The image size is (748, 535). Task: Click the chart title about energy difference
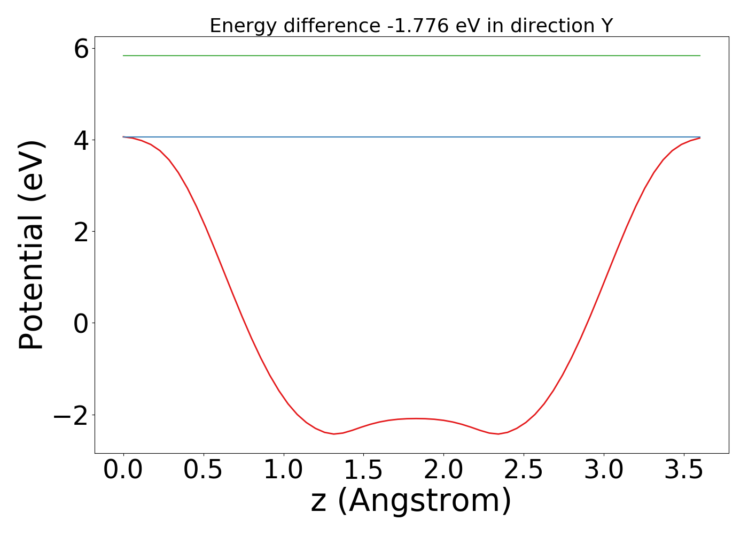click(x=411, y=26)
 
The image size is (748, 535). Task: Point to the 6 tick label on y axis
click(x=81, y=50)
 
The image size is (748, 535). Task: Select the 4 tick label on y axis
click(x=81, y=141)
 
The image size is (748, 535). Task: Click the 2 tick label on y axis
click(x=81, y=232)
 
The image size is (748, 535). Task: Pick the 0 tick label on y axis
click(x=81, y=324)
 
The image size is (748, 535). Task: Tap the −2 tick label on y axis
click(x=71, y=415)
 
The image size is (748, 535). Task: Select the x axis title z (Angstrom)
click(x=411, y=501)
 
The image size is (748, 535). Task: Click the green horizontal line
click(x=411, y=56)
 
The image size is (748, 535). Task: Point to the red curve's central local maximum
click(x=417, y=418)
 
